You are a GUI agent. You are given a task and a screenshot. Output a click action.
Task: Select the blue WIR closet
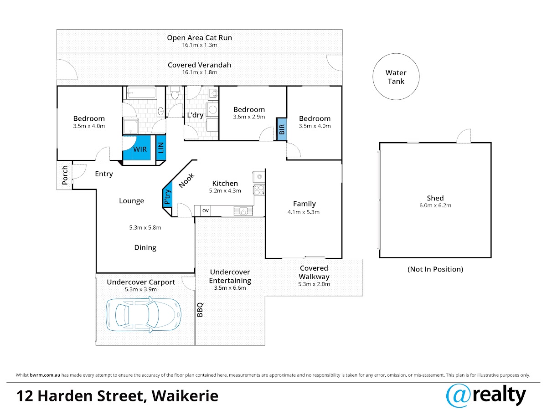139,149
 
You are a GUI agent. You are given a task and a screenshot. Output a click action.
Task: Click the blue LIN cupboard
161,148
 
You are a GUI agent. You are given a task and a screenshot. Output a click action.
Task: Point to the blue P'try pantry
168,196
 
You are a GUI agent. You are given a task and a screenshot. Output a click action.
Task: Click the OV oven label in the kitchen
205,210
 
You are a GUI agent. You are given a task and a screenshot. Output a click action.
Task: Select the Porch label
65,175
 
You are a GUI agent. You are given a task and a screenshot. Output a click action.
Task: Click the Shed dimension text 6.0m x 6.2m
435,205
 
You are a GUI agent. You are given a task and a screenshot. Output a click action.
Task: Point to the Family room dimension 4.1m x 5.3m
304,212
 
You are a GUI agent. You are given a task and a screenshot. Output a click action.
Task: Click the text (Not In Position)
435,269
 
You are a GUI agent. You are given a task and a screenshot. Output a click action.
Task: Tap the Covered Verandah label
199,65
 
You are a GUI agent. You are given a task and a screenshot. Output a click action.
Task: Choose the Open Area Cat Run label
199,38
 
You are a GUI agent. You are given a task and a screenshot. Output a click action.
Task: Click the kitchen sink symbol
243,210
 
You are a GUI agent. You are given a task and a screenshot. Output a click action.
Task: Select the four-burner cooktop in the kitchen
259,189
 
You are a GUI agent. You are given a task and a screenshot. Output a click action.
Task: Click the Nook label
186,180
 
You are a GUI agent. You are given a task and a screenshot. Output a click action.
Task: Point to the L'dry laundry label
195,115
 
